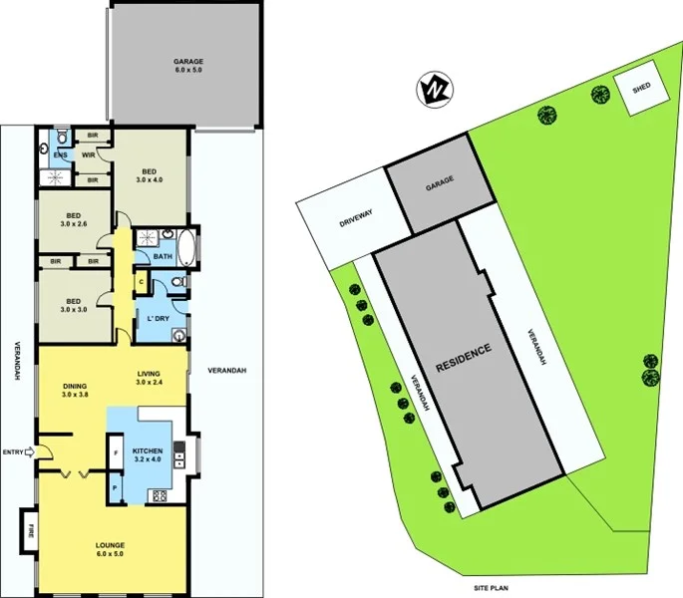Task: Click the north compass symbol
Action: click(x=434, y=90)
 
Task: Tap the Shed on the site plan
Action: click(x=641, y=89)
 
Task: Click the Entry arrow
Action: click(x=27, y=452)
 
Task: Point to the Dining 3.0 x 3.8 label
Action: click(x=75, y=390)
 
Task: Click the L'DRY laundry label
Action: click(x=158, y=318)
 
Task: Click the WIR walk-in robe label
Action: click(x=87, y=155)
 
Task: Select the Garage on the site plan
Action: click(x=440, y=181)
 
